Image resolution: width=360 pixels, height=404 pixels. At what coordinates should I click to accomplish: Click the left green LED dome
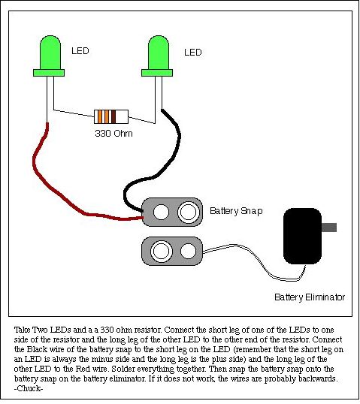point(50,53)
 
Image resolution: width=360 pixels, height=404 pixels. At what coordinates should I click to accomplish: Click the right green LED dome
point(159,53)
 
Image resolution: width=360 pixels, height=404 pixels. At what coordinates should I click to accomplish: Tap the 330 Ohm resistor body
point(111,116)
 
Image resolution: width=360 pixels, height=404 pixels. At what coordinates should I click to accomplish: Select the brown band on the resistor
point(113,116)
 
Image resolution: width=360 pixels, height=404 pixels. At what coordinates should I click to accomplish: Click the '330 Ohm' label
point(113,134)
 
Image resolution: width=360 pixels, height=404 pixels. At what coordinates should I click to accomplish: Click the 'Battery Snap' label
point(236,211)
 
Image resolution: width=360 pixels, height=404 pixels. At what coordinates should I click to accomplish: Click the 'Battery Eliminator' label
point(310,297)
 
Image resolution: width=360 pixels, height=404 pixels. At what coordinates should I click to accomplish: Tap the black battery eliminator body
point(302,237)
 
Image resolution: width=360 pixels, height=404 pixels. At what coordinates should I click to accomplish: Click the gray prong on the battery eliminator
point(329,228)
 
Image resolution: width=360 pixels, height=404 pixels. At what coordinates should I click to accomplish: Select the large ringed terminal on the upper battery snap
point(189,212)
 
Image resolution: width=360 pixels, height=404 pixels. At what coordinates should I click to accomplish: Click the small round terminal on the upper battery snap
point(161,212)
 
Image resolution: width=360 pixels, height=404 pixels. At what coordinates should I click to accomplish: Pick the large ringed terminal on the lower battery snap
point(162,252)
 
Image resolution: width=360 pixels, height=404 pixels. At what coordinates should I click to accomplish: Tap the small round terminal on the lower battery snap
point(188,252)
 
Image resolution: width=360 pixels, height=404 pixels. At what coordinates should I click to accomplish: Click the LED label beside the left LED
point(80,51)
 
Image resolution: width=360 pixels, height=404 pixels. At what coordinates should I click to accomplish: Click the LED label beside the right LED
point(193,53)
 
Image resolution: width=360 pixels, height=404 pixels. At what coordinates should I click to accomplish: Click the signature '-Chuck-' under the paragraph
point(29,388)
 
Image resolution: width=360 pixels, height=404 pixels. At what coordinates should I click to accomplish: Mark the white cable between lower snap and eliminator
point(259,261)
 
